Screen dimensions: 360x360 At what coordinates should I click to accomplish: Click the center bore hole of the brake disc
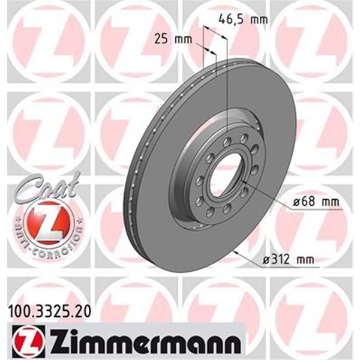pyautogui.click(x=226, y=173)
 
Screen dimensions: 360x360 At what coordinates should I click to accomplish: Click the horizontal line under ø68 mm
pyautogui.click(x=311, y=210)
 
